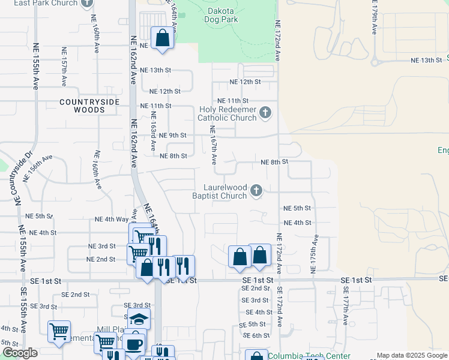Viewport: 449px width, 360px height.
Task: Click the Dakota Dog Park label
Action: click(x=223, y=15)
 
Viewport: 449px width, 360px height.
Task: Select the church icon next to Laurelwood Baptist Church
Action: click(x=256, y=191)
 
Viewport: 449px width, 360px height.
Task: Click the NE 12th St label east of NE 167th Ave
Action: click(x=246, y=82)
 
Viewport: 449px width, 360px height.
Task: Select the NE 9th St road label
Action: click(x=172, y=136)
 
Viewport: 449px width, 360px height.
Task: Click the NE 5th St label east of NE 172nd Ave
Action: click(x=297, y=208)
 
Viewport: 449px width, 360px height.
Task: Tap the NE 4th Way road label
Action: click(x=112, y=220)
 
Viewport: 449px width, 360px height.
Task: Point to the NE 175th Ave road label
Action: click(x=313, y=255)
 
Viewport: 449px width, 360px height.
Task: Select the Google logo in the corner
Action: click(x=20, y=353)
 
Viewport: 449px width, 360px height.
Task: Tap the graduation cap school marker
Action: click(x=139, y=319)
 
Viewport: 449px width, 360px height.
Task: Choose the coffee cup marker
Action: click(x=134, y=344)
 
